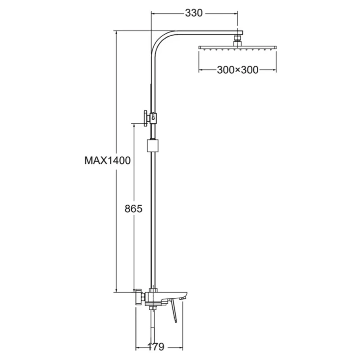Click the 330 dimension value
(194, 13)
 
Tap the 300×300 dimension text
(238, 70)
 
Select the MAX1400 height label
(108, 161)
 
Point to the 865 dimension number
(133, 209)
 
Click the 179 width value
(156, 346)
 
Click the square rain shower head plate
(238, 48)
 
